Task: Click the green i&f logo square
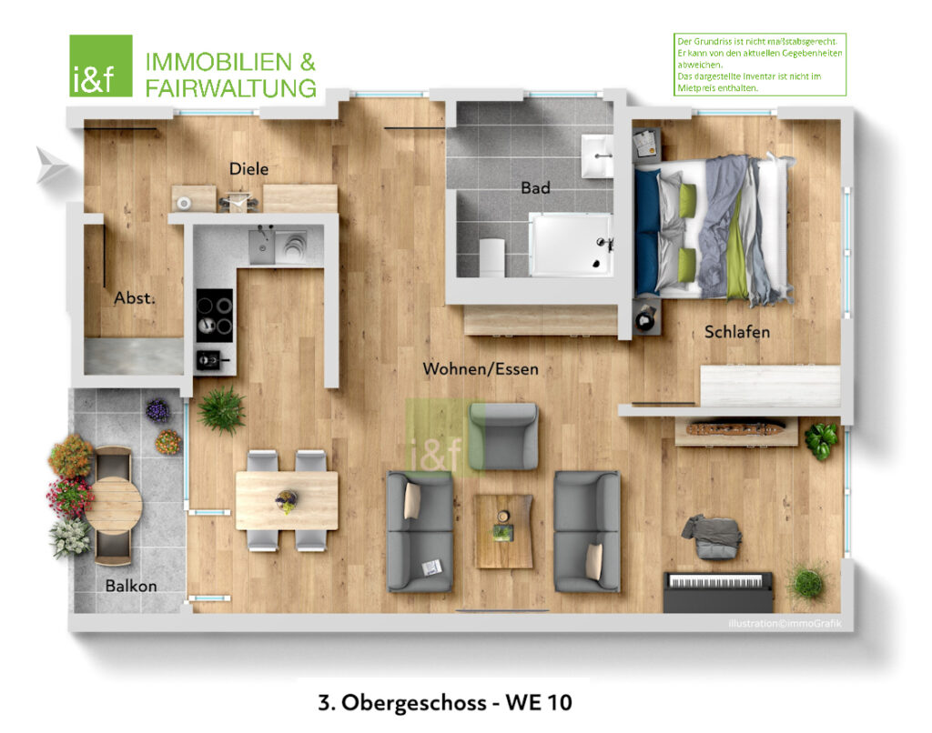[101, 65]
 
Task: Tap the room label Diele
[248, 168]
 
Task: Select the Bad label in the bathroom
[535, 187]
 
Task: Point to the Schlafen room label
[737, 331]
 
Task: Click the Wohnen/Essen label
[481, 369]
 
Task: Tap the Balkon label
[131, 586]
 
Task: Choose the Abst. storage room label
[135, 297]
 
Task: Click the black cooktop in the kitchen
[215, 315]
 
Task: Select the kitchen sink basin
[261, 246]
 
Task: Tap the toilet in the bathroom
[491, 256]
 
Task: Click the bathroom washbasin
[597, 156]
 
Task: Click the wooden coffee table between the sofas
[502, 531]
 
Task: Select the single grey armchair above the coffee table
[502, 436]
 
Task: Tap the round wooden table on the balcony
[113, 506]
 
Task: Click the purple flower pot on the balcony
[157, 410]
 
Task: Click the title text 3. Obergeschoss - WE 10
[444, 702]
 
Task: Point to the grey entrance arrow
[51, 164]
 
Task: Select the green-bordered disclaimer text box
[760, 65]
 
